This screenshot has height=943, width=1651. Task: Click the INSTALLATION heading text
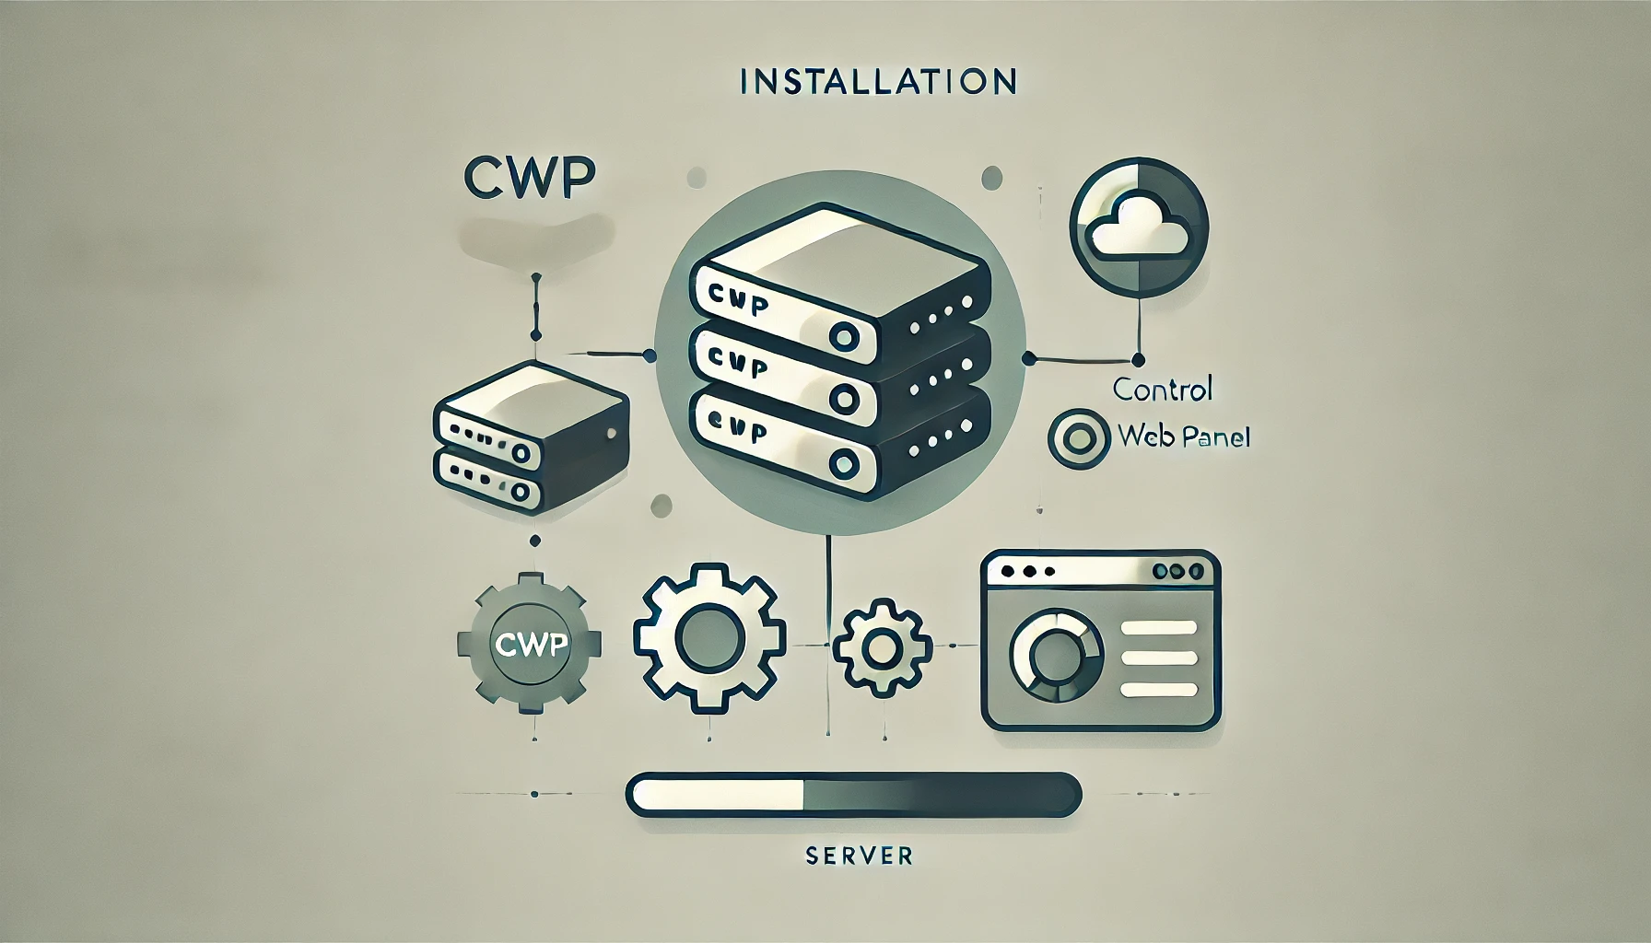(x=878, y=81)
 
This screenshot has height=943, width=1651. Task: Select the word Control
(x=1162, y=389)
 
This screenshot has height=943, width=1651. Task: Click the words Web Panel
(x=1183, y=436)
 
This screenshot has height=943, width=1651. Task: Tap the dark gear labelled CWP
(x=529, y=644)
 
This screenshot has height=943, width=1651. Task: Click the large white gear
(x=709, y=643)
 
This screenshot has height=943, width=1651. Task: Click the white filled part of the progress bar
(x=717, y=794)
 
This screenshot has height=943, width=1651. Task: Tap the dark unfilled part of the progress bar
(x=940, y=794)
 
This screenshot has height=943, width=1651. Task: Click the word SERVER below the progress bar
(x=858, y=856)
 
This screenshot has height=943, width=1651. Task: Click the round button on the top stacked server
(x=843, y=334)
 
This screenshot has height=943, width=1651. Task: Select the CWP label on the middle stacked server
(x=741, y=366)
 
